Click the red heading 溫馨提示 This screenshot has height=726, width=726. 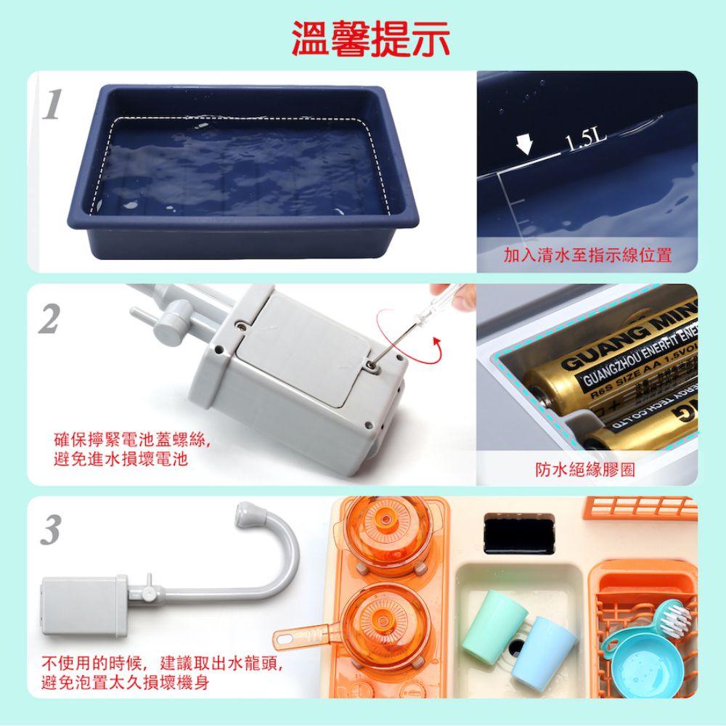(x=370, y=38)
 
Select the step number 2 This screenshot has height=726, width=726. (x=49, y=319)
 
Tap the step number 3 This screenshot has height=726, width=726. (x=49, y=531)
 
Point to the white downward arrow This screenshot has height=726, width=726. (x=524, y=142)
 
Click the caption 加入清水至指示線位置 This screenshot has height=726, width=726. (x=587, y=255)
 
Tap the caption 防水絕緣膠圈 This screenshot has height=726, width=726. (x=585, y=470)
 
